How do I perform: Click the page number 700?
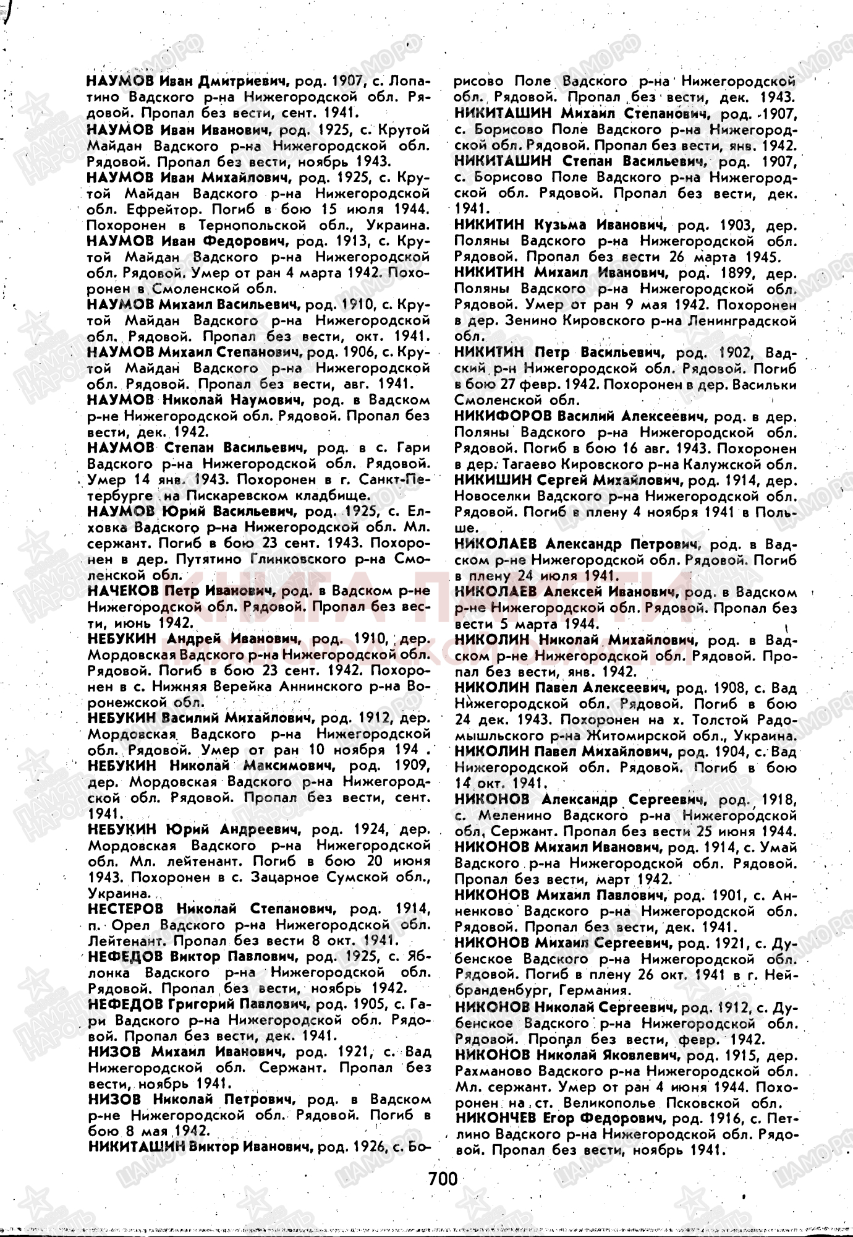(443, 1178)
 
